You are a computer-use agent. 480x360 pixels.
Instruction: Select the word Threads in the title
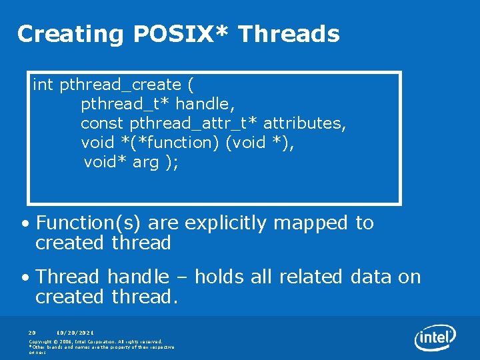point(289,33)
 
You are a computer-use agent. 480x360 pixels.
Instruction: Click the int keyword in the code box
point(43,85)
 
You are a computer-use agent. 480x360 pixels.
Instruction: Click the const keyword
point(103,124)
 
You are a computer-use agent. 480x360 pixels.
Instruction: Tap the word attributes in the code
point(304,124)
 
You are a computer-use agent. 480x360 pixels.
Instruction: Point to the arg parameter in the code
point(146,162)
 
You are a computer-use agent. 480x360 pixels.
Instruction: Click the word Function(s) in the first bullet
point(89,223)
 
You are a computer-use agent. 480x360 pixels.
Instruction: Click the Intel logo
point(435,338)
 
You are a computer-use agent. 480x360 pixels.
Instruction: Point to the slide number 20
point(32,331)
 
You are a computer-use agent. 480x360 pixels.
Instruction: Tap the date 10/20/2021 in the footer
point(75,331)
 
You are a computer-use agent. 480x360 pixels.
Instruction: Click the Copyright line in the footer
point(95,341)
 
